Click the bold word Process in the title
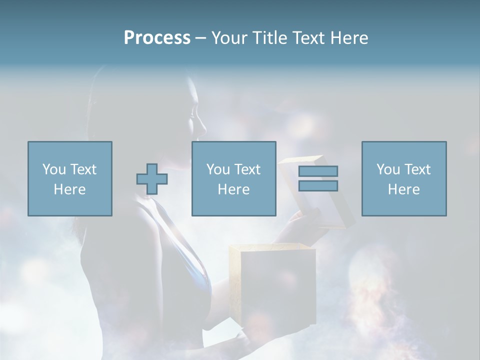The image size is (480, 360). pyautogui.click(x=157, y=38)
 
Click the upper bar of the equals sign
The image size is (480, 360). pyautogui.click(x=318, y=171)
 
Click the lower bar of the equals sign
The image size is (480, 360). pyautogui.click(x=318, y=185)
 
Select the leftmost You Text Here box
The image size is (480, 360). pyautogui.click(x=70, y=178)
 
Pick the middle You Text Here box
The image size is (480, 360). pyautogui.click(x=233, y=178)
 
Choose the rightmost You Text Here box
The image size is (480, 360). pyautogui.click(x=404, y=178)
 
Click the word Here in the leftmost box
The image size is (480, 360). pyautogui.click(x=70, y=189)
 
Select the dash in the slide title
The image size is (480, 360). pyautogui.click(x=200, y=38)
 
